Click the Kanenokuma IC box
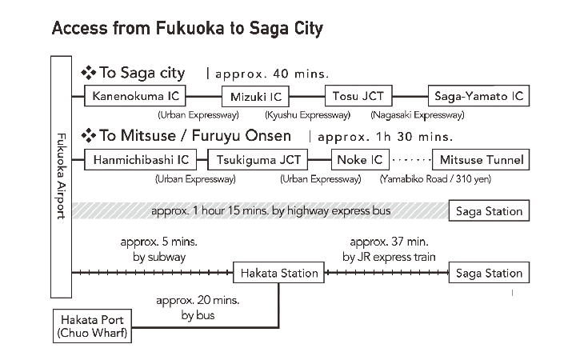click(135, 96)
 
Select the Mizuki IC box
click(255, 97)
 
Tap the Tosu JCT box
click(358, 96)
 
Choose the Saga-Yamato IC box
click(478, 96)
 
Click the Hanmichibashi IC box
click(140, 160)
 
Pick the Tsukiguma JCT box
click(258, 160)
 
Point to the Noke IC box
click(360, 160)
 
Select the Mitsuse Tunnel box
click(481, 160)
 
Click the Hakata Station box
click(279, 273)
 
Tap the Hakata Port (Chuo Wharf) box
click(92, 326)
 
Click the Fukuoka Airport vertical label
click(61, 176)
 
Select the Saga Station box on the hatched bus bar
click(489, 210)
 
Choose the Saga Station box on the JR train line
click(489, 273)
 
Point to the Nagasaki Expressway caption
click(418, 115)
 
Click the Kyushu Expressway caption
click(307, 115)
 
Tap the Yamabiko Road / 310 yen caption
click(435, 179)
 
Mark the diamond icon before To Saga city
click(89, 73)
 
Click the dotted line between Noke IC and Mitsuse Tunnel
click(410, 160)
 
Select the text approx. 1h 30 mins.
click(386, 137)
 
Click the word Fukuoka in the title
click(190, 28)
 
